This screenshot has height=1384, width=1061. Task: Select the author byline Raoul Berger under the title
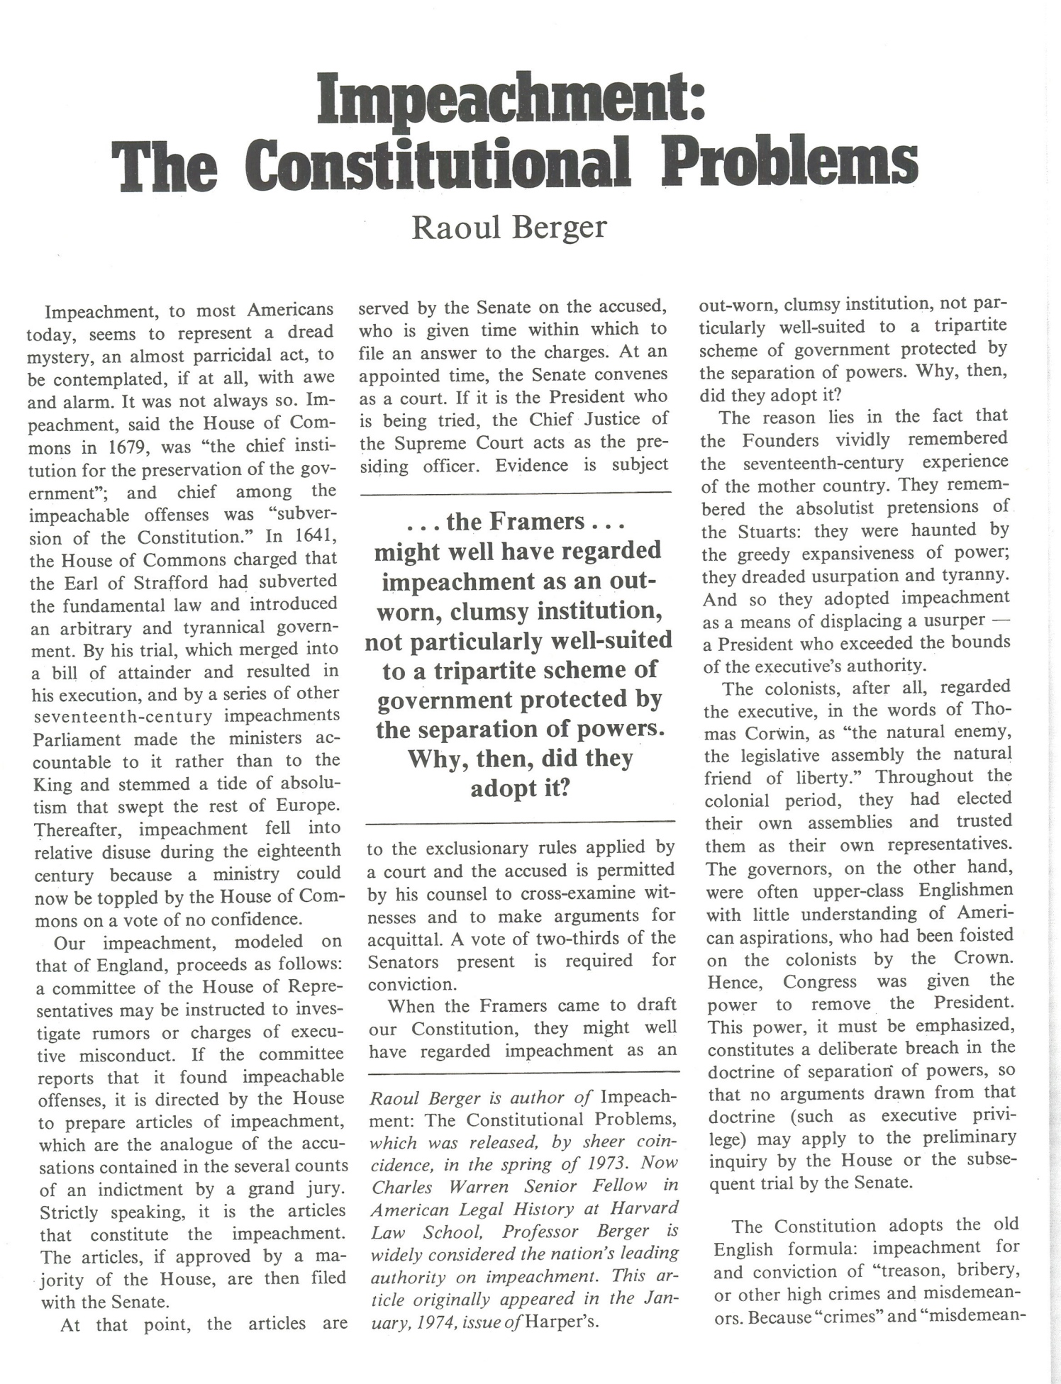(x=509, y=228)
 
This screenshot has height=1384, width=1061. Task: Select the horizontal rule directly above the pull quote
(x=516, y=492)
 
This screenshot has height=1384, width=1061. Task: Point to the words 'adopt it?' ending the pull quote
(x=521, y=788)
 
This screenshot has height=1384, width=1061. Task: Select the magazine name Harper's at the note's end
(x=564, y=1322)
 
